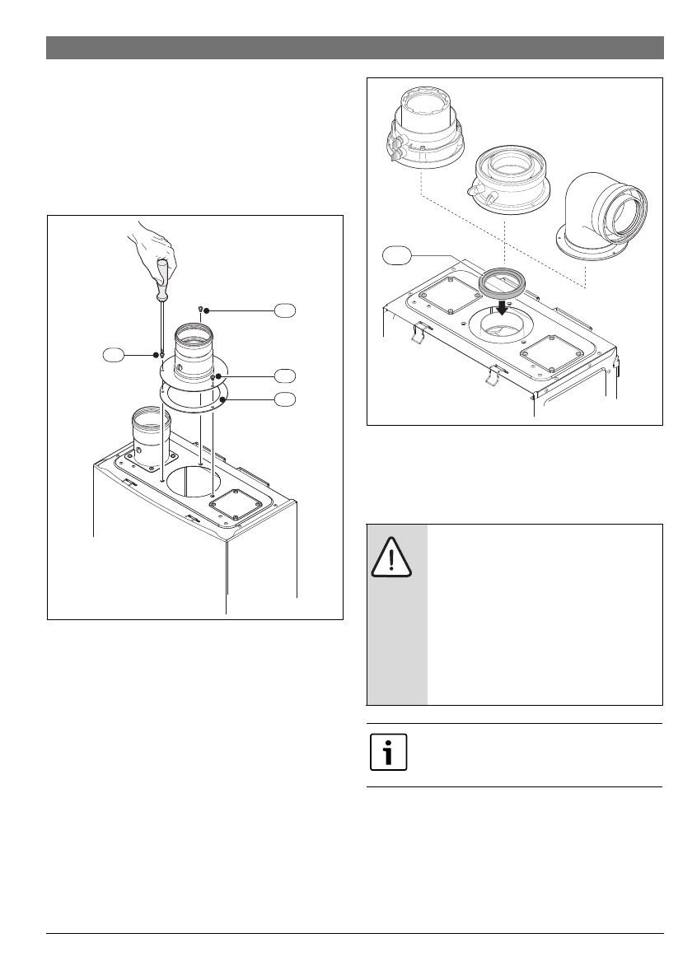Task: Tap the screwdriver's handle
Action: coord(162,279)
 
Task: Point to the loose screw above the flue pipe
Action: coord(201,307)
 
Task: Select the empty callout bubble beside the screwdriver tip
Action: coord(114,355)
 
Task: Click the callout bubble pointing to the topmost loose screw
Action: coord(284,310)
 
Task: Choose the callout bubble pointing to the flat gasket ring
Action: coord(284,399)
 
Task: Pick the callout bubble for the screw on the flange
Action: coord(284,376)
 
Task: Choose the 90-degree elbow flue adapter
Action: coord(606,214)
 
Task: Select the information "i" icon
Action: coord(388,754)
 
